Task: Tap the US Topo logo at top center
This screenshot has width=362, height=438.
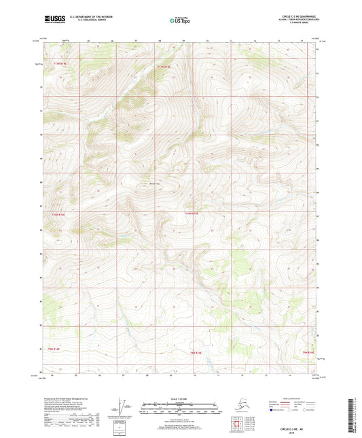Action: [x=179, y=21]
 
